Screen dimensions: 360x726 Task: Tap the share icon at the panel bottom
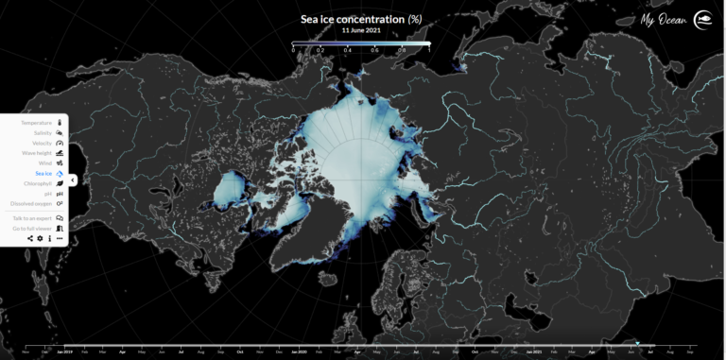point(30,239)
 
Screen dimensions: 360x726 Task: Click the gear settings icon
point(40,239)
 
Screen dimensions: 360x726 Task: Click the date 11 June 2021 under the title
point(361,30)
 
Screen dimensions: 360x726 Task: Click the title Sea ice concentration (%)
point(360,19)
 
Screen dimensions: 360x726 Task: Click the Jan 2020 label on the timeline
point(299,351)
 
